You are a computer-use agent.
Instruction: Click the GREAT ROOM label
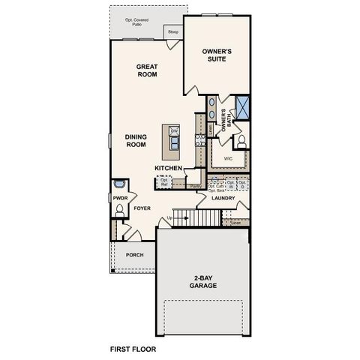tap(145, 71)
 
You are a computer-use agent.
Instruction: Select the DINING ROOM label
tap(136, 141)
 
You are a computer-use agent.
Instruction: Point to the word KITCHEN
tap(169, 168)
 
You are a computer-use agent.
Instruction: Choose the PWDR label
tap(120, 198)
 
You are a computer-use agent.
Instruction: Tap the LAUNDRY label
tap(223, 199)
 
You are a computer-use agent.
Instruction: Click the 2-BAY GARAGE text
tap(202, 282)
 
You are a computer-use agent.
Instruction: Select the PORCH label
tap(134, 255)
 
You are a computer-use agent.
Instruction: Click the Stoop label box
tap(173, 32)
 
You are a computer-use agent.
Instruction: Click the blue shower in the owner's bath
tap(241, 106)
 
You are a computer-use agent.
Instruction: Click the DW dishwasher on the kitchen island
tap(173, 131)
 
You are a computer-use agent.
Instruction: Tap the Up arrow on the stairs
tap(169, 217)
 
